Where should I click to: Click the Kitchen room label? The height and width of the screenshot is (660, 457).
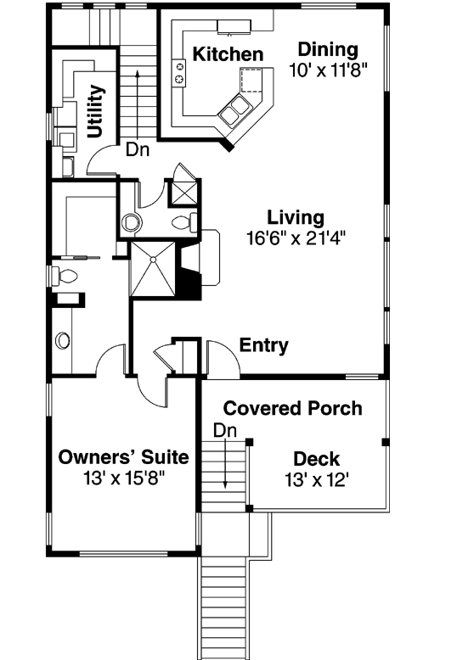228,54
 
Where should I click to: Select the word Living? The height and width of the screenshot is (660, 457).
296,218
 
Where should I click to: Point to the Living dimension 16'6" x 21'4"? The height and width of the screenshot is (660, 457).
296,238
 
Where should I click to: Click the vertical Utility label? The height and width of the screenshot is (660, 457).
96,111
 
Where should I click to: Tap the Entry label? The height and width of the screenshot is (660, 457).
264,345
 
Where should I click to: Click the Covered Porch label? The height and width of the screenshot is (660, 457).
292,408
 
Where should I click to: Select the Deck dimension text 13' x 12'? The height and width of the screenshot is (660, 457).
316,479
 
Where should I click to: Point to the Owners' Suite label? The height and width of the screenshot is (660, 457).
123,457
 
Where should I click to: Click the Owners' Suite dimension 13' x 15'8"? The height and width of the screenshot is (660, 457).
123,478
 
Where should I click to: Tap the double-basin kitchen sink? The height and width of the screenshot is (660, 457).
234,110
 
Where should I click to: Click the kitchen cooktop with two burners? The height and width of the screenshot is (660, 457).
178,72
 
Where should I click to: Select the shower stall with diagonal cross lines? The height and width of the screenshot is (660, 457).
152,269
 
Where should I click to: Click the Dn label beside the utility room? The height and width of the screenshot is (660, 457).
138,149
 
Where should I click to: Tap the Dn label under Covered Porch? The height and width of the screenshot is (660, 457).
225,431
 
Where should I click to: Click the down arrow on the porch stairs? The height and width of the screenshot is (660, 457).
225,464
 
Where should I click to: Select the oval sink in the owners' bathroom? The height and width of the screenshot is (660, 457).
63,340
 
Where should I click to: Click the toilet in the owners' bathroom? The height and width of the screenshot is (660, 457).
65,276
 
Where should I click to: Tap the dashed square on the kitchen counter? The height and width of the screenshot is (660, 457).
251,80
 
